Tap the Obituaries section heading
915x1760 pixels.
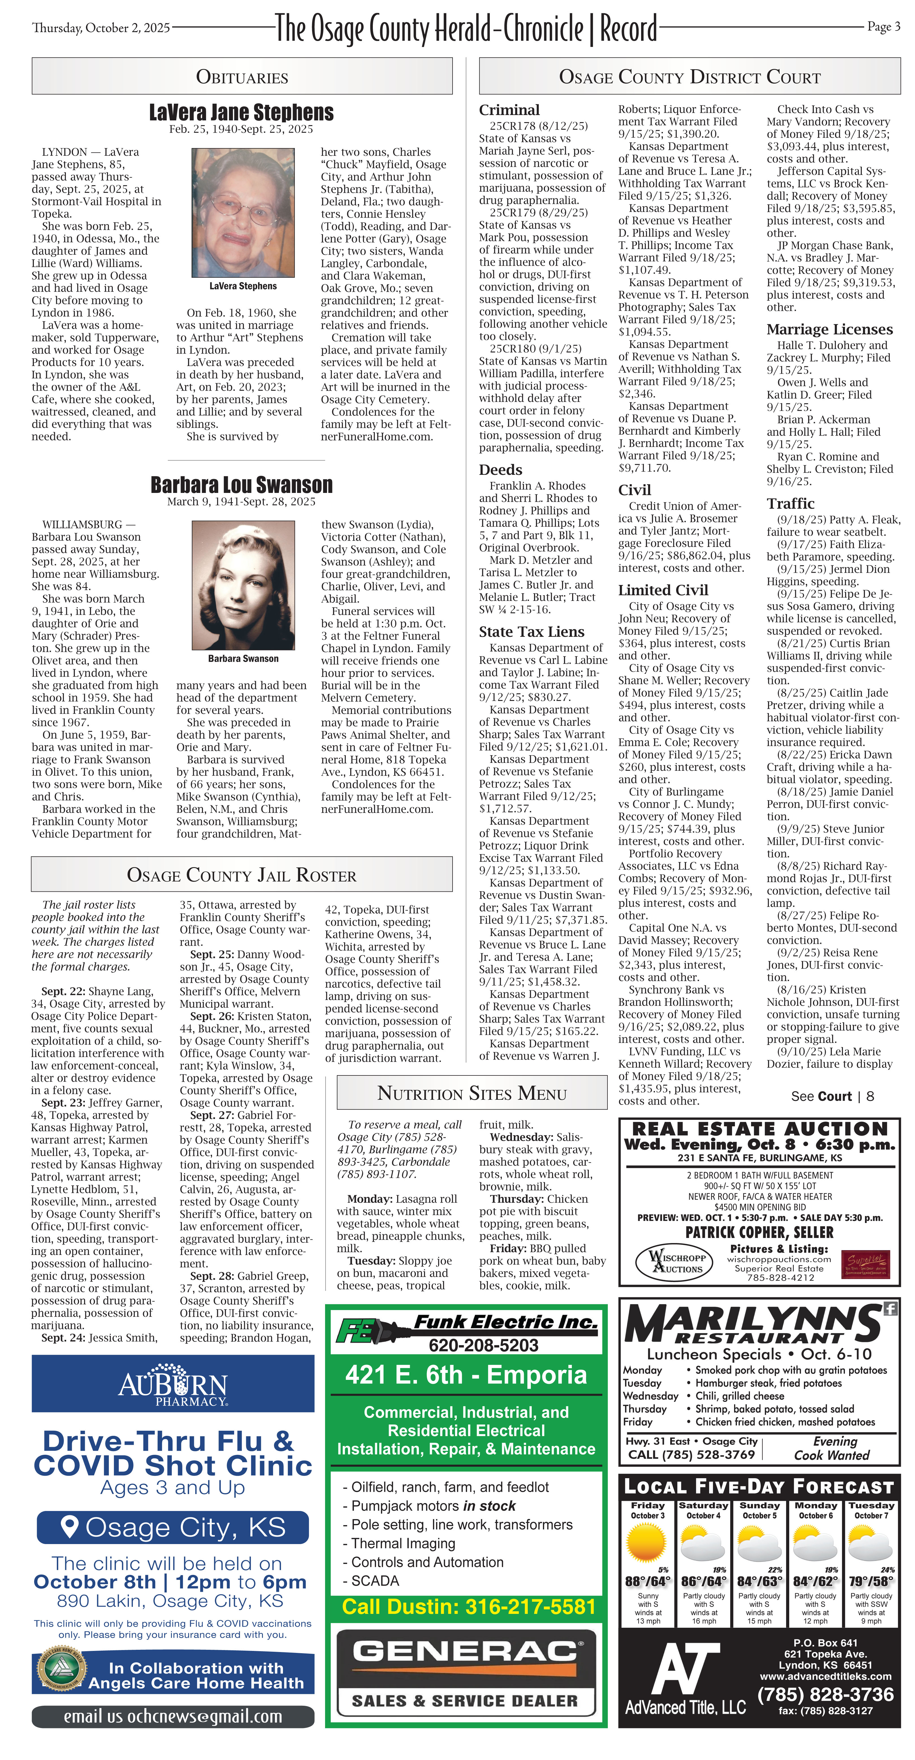coord(242,77)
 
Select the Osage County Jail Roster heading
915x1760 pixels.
coord(242,875)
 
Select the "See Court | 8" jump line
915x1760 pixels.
coord(832,1096)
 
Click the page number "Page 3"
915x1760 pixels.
coord(883,27)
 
